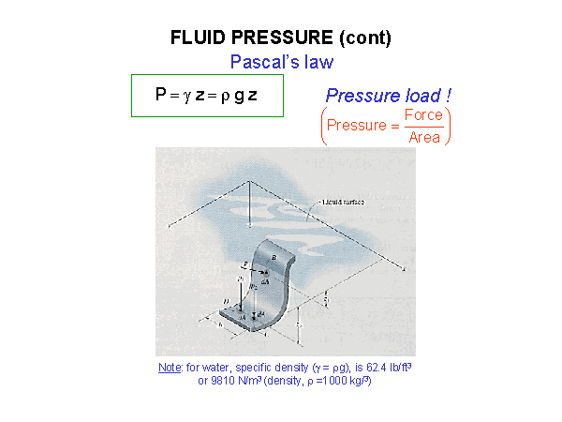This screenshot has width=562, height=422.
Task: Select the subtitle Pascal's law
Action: click(281, 62)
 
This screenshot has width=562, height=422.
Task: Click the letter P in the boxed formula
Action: click(160, 95)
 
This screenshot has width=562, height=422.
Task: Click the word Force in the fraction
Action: click(422, 115)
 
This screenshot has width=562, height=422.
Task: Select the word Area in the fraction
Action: click(423, 137)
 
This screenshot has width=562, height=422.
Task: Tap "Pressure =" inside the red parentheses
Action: click(362, 126)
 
